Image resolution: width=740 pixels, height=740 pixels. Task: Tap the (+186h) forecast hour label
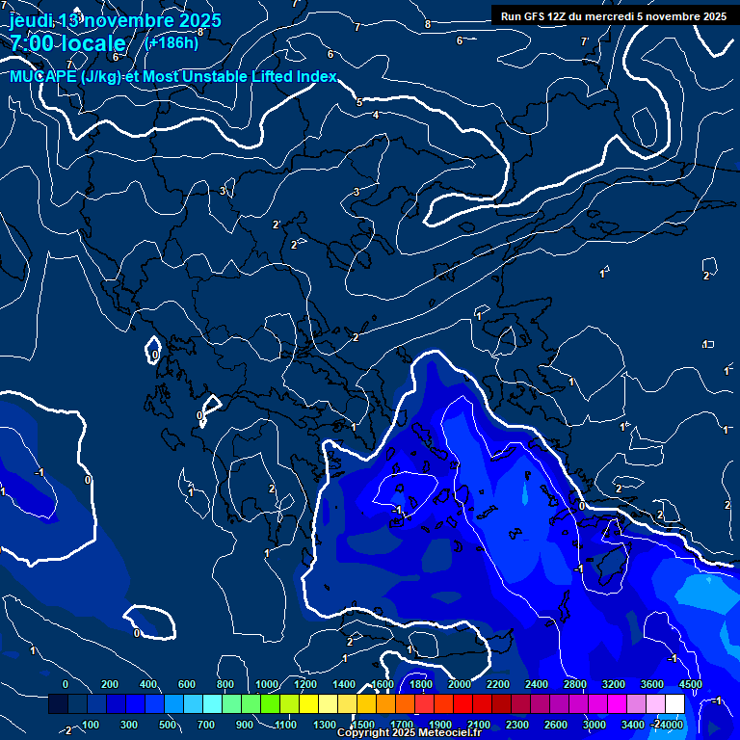(x=172, y=42)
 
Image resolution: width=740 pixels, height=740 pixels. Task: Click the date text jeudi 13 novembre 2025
(x=115, y=20)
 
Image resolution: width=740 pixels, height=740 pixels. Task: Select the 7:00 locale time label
(x=67, y=43)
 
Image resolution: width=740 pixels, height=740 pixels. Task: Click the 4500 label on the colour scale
(x=690, y=684)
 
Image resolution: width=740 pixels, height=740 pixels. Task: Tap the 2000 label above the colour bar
(x=460, y=684)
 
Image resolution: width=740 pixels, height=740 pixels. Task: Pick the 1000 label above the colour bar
(x=266, y=684)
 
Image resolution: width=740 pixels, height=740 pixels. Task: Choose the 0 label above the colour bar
(x=66, y=684)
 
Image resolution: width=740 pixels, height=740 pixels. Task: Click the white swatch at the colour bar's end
(x=701, y=704)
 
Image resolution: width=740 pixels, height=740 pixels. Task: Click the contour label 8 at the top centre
(x=428, y=24)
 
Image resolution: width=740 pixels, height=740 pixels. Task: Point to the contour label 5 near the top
(x=359, y=102)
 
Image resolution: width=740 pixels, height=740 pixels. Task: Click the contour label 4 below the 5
(x=376, y=115)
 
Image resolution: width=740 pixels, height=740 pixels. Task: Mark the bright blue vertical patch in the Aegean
(x=525, y=493)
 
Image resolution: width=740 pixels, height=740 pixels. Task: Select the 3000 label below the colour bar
(x=595, y=725)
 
